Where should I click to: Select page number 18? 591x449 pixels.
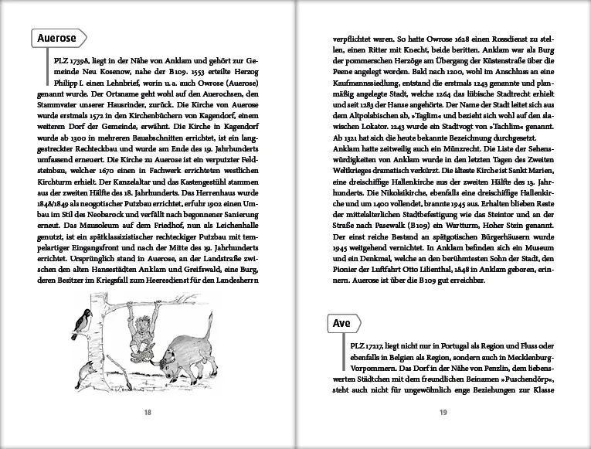click(148, 412)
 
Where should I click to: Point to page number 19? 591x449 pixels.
click(443, 412)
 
